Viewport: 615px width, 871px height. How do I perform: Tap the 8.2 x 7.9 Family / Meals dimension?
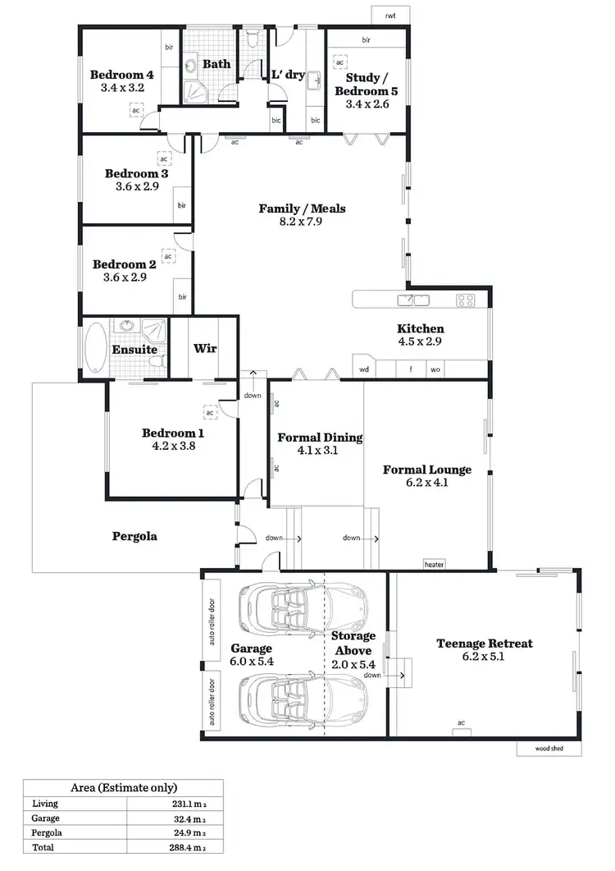click(302, 222)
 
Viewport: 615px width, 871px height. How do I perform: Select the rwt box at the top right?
click(389, 16)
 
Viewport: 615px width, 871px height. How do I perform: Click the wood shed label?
click(549, 749)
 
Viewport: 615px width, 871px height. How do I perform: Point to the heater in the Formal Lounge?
click(434, 564)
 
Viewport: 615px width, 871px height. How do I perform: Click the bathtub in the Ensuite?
click(95, 348)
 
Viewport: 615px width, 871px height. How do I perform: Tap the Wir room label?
click(204, 348)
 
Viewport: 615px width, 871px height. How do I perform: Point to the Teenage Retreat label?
click(484, 643)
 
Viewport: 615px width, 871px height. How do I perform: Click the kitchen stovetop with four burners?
click(466, 299)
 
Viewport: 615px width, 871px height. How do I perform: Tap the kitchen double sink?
click(414, 299)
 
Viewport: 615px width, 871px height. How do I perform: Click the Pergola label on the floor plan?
click(134, 537)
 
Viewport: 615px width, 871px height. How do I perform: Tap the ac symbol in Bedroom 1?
click(210, 414)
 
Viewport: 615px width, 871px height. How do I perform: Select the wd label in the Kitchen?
click(364, 369)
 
